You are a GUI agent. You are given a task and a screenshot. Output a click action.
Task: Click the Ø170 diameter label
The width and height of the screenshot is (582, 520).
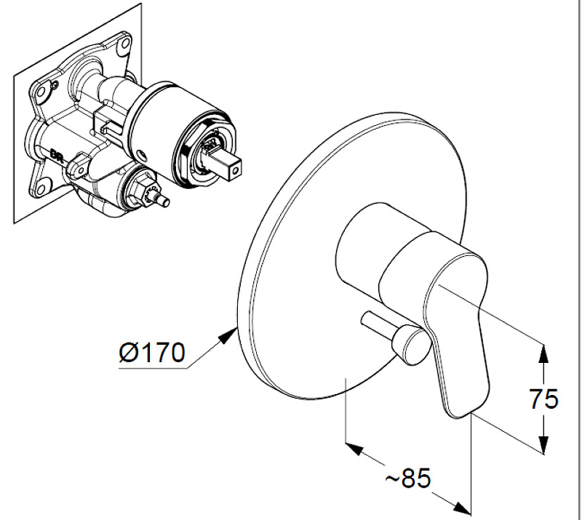[x=152, y=354]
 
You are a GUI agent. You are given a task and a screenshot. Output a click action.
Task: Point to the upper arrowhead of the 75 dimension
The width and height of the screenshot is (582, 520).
[x=543, y=349]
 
